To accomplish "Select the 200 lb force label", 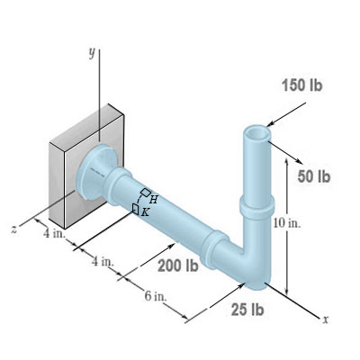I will [x=177, y=265].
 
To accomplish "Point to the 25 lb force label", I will [x=247, y=310].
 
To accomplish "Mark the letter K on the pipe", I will [x=145, y=212].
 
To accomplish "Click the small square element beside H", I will [x=143, y=193].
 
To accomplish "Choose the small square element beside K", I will [x=134, y=208].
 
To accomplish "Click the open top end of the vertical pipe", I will [x=256, y=131].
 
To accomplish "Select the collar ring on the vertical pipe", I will [x=257, y=203].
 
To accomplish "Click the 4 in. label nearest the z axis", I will [x=54, y=235].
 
